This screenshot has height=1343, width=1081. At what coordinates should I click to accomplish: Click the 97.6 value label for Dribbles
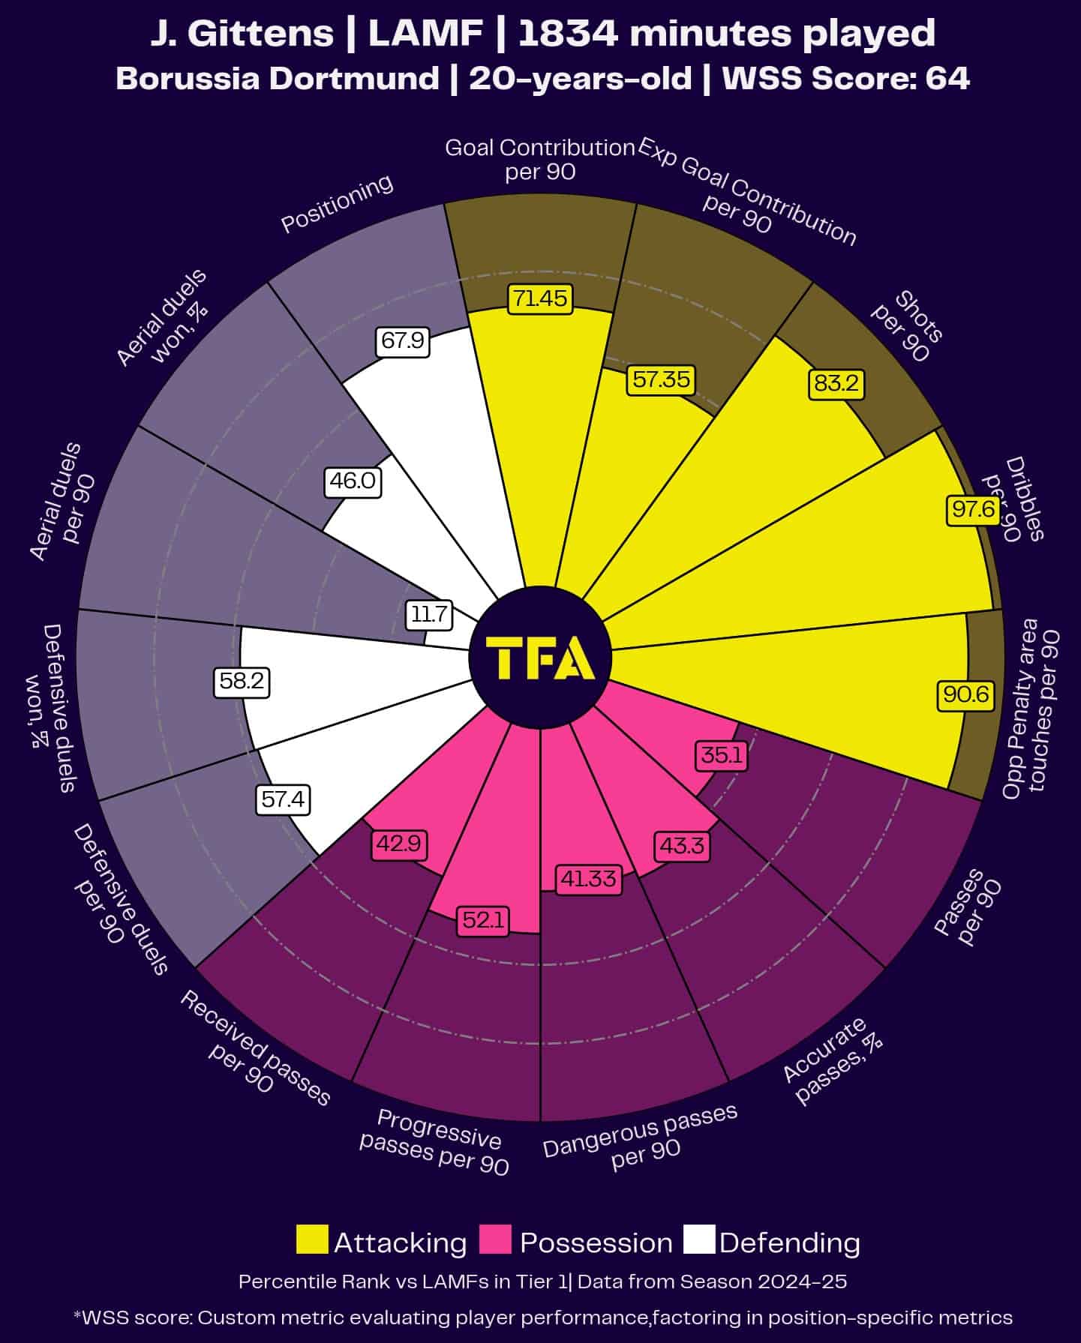pos(973,510)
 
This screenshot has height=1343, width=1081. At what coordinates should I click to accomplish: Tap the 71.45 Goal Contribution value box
pos(540,298)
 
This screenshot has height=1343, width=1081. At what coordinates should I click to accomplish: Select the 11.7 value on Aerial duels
pos(429,615)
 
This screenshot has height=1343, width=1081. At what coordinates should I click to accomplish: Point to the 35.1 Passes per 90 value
pos(722,754)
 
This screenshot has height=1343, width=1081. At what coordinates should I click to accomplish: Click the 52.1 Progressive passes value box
pos(484,919)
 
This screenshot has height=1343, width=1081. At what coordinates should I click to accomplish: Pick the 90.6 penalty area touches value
pos(966,694)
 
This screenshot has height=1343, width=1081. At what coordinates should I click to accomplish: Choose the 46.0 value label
pos(353,481)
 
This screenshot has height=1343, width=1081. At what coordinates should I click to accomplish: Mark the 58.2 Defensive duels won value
pos(242,681)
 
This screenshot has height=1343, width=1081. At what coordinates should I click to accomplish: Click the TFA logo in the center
pos(540,658)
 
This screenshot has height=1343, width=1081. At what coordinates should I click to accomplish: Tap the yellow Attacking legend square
pos(312,1240)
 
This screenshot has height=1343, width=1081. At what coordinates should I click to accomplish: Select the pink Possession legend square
pos(495,1240)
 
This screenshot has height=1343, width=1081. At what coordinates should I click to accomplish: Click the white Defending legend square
pos(699,1240)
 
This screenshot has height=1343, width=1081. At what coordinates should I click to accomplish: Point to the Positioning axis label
pos(337,203)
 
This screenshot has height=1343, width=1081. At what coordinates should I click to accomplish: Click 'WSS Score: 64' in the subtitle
pos(846,79)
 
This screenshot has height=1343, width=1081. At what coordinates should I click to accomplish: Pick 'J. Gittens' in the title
pos(242,34)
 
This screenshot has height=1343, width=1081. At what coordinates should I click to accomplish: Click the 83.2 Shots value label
pos(836,383)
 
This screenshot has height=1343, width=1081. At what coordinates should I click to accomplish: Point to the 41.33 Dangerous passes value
pos(589,878)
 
